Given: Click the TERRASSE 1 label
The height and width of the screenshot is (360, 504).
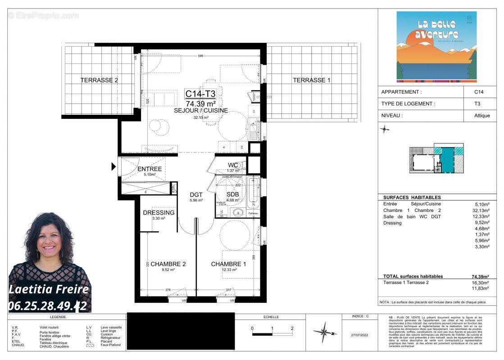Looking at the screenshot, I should (312, 80).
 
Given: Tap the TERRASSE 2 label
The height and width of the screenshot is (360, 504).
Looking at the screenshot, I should (99, 80).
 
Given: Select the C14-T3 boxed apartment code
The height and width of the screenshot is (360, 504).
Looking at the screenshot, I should (200, 94).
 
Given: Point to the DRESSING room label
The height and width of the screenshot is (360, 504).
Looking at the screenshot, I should (159, 212).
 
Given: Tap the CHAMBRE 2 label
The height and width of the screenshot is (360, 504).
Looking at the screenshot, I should (168, 264).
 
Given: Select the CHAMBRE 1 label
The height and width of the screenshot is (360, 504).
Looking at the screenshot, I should (228, 264).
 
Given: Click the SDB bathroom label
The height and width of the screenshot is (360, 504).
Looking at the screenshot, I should (233, 194).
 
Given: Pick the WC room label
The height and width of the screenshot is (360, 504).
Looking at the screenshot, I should (233, 165).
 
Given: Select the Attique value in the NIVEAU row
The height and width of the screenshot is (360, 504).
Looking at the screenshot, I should (482, 115).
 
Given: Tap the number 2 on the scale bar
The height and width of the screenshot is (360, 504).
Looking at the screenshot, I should (292, 328).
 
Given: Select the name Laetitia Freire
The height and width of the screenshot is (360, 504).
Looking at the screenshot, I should (49, 289).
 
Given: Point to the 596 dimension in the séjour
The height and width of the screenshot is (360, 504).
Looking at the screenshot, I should (201, 56).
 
